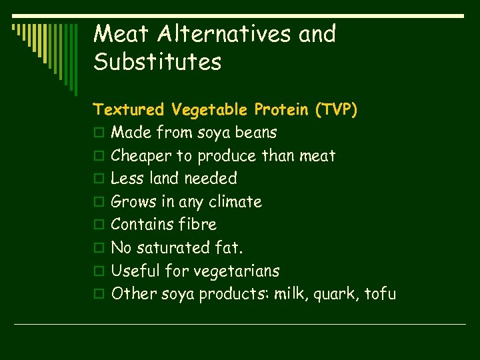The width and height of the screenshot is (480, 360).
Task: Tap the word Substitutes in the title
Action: [157, 63]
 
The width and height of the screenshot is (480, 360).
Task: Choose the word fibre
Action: [197, 225]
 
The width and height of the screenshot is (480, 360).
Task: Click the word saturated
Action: [177, 248]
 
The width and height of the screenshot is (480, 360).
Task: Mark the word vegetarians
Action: [236, 271]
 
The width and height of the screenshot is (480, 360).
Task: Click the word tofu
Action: [380, 294]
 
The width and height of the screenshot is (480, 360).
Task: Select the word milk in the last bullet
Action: [286, 294]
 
